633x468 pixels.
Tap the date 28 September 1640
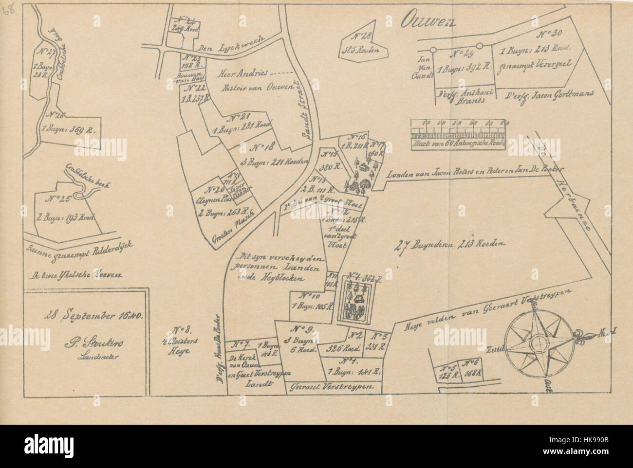pos(85,316)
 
